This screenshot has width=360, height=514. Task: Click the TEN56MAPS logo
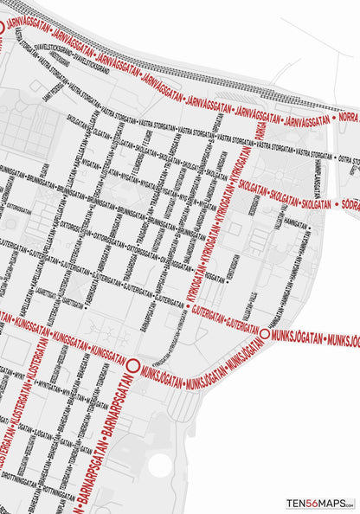point(320,503)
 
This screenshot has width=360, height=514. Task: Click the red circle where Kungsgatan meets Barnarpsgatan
point(133,368)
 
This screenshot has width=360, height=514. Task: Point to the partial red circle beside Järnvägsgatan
point(2,27)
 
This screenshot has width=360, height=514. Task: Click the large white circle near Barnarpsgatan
point(159,465)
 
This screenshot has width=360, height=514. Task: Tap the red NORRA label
point(348,117)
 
